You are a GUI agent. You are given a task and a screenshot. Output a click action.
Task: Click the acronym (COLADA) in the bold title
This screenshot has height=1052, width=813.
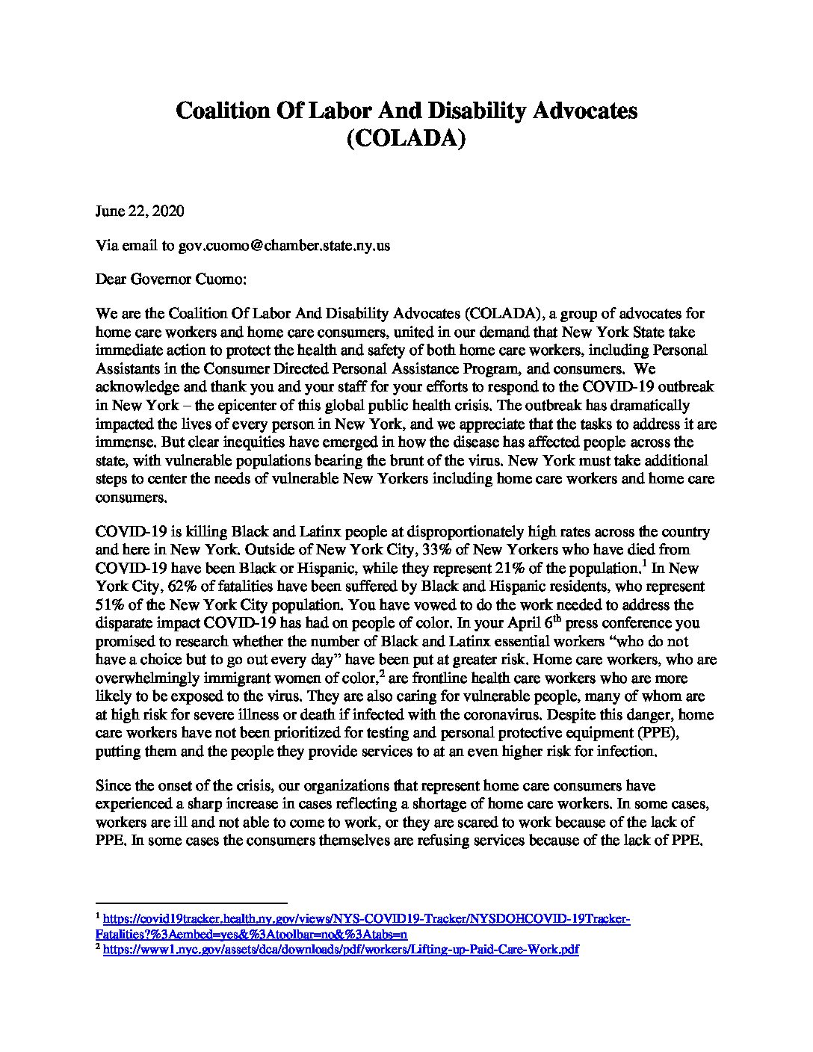point(406,139)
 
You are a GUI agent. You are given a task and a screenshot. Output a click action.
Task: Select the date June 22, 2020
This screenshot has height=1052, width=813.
point(140,211)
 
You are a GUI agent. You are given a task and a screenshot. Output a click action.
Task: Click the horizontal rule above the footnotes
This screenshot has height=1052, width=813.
point(191,903)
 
